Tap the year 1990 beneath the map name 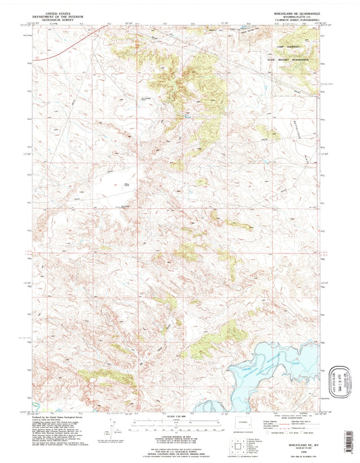[x=298, y=439]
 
